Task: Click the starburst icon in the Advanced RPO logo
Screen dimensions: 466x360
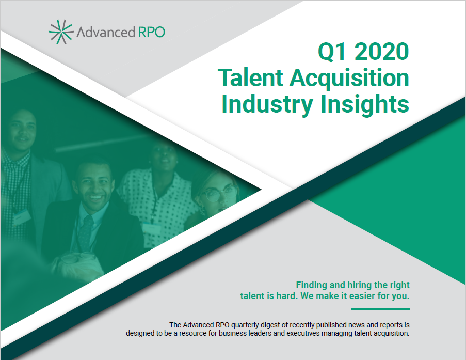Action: click(x=61, y=32)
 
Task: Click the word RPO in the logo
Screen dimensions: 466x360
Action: click(x=152, y=32)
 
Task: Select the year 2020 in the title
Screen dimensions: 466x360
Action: click(x=382, y=52)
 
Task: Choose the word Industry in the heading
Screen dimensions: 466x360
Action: click(x=267, y=105)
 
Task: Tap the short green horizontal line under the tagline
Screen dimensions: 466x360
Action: click(x=380, y=309)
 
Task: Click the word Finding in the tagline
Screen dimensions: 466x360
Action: click(x=312, y=285)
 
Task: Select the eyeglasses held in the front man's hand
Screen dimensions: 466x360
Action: click(x=77, y=257)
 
